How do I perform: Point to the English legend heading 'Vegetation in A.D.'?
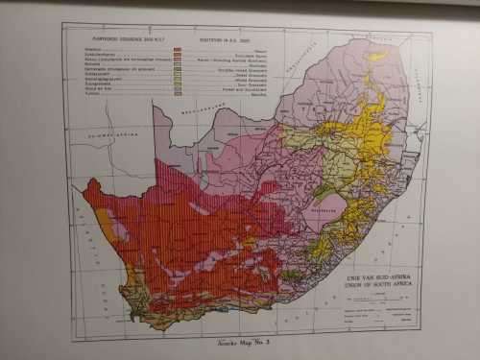224,38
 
